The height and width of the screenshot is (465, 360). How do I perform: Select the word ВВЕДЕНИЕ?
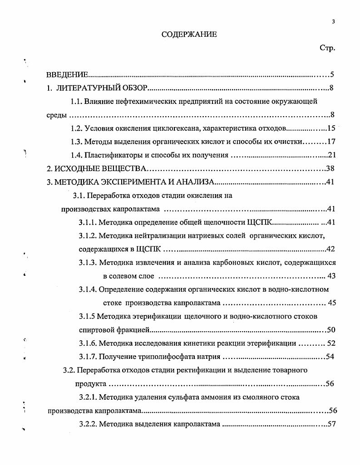[x=68, y=74]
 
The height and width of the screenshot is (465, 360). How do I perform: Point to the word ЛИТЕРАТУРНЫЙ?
[x=85, y=88]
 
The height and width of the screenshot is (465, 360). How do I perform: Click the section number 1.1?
[x=76, y=101]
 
